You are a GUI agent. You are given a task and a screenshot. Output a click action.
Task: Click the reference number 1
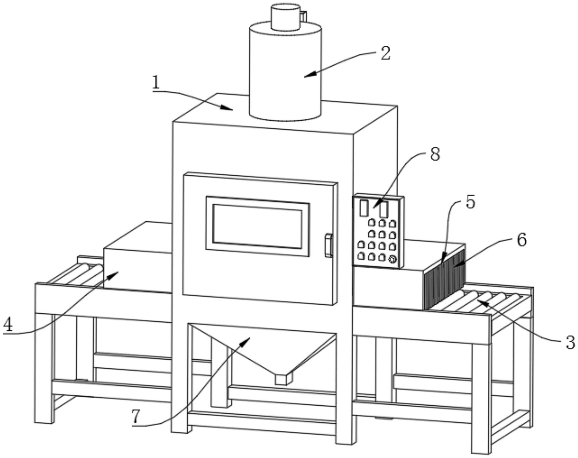coord(156,82)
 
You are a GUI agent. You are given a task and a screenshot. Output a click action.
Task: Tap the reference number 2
coord(385,54)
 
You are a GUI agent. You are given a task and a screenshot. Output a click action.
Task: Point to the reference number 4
coord(8,325)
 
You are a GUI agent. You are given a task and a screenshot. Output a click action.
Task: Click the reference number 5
coord(470,202)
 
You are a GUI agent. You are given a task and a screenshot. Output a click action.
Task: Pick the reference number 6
coord(522,240)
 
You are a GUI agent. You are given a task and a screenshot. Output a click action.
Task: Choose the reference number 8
coord(435,154)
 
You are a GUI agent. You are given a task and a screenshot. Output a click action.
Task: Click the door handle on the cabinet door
coord(328,245)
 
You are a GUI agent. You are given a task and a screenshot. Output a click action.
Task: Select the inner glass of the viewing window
coord(257,226)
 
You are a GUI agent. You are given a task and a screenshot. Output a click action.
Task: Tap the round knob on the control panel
coord(392,260)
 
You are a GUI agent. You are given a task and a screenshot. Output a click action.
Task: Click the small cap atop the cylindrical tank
coord(285,16)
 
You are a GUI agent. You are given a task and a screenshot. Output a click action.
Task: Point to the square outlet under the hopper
coord(283,379)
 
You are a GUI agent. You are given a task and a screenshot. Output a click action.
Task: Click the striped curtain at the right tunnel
coord(445,279)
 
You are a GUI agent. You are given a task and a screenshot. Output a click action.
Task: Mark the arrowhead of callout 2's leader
coord(306,76)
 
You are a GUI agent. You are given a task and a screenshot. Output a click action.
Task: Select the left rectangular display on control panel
coord(363,208)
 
